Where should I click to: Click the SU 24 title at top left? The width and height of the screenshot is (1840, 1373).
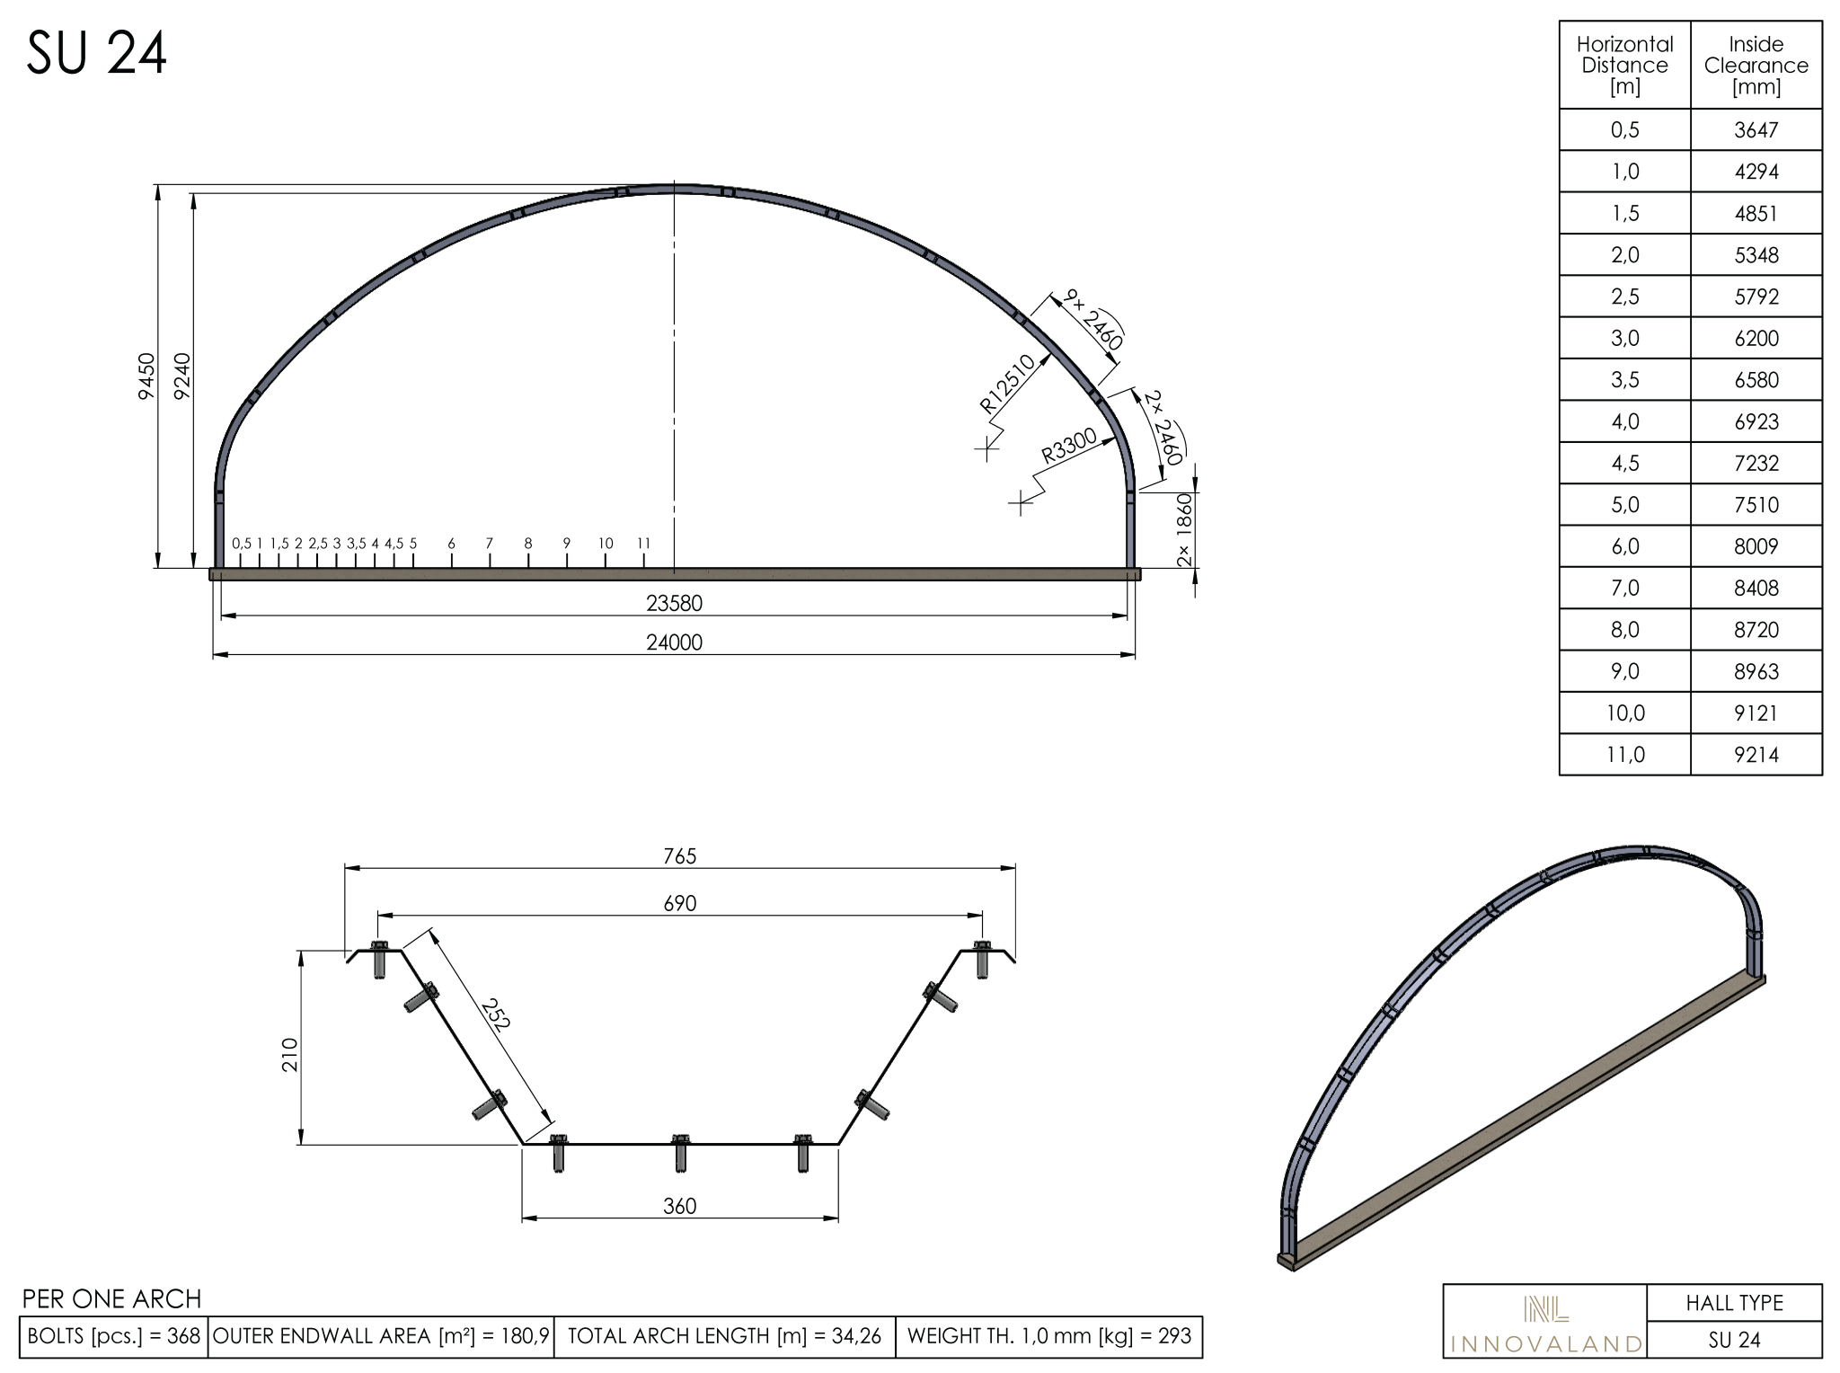pyautogui.click(x=96, y=54)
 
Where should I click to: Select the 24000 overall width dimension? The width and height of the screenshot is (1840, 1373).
pyautogui.click(x=674, y=642)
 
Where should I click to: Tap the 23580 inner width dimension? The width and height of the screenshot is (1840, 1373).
pyautogui.click(x=674, y=604)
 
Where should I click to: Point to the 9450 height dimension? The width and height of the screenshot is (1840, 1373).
pyautogui.click(x=146, y=376)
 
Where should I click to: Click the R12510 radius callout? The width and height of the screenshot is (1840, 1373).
pyautogui.click(x=1007, y=384)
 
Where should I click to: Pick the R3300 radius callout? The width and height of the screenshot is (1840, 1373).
pyautogui.click(x=1069, y=446)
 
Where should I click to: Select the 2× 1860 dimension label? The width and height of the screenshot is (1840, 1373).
pyautogui.click(x=1185, y=530)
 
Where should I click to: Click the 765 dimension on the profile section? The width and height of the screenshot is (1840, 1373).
pyautogui.click(x=680, y=856)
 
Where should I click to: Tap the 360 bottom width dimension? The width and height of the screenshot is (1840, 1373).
pyautogui.click(x=680, y=1206)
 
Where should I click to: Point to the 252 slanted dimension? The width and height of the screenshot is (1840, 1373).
pyautogui.click(x=495, y=1014)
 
